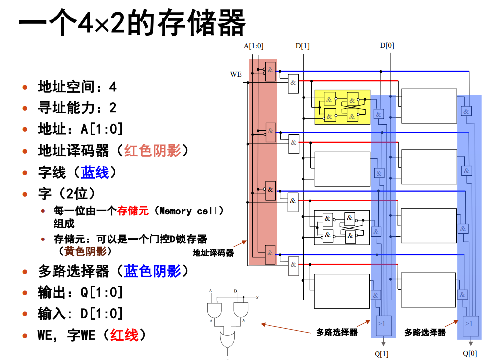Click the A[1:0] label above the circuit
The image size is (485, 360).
pos(253,46)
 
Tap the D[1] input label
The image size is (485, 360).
pos(302,46)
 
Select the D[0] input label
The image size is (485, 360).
pos(387,46)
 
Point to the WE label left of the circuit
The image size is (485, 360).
pos(236,74)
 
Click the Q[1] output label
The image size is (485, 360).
pos(381,353)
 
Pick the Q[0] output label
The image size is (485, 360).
pos(470,353)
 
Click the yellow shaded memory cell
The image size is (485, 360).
pos(342,107)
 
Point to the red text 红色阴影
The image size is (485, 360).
pos(153,151)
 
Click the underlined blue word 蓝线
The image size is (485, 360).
pos(95,173)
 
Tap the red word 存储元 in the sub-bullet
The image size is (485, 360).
pos(133,211)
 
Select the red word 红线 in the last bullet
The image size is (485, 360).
pos(124,335)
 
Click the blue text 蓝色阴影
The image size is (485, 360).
pos(153,271)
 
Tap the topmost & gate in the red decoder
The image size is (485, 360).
pos(270,70)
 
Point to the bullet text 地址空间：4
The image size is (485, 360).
pos(77,87)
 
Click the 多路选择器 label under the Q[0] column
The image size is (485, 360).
pos(425,332)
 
